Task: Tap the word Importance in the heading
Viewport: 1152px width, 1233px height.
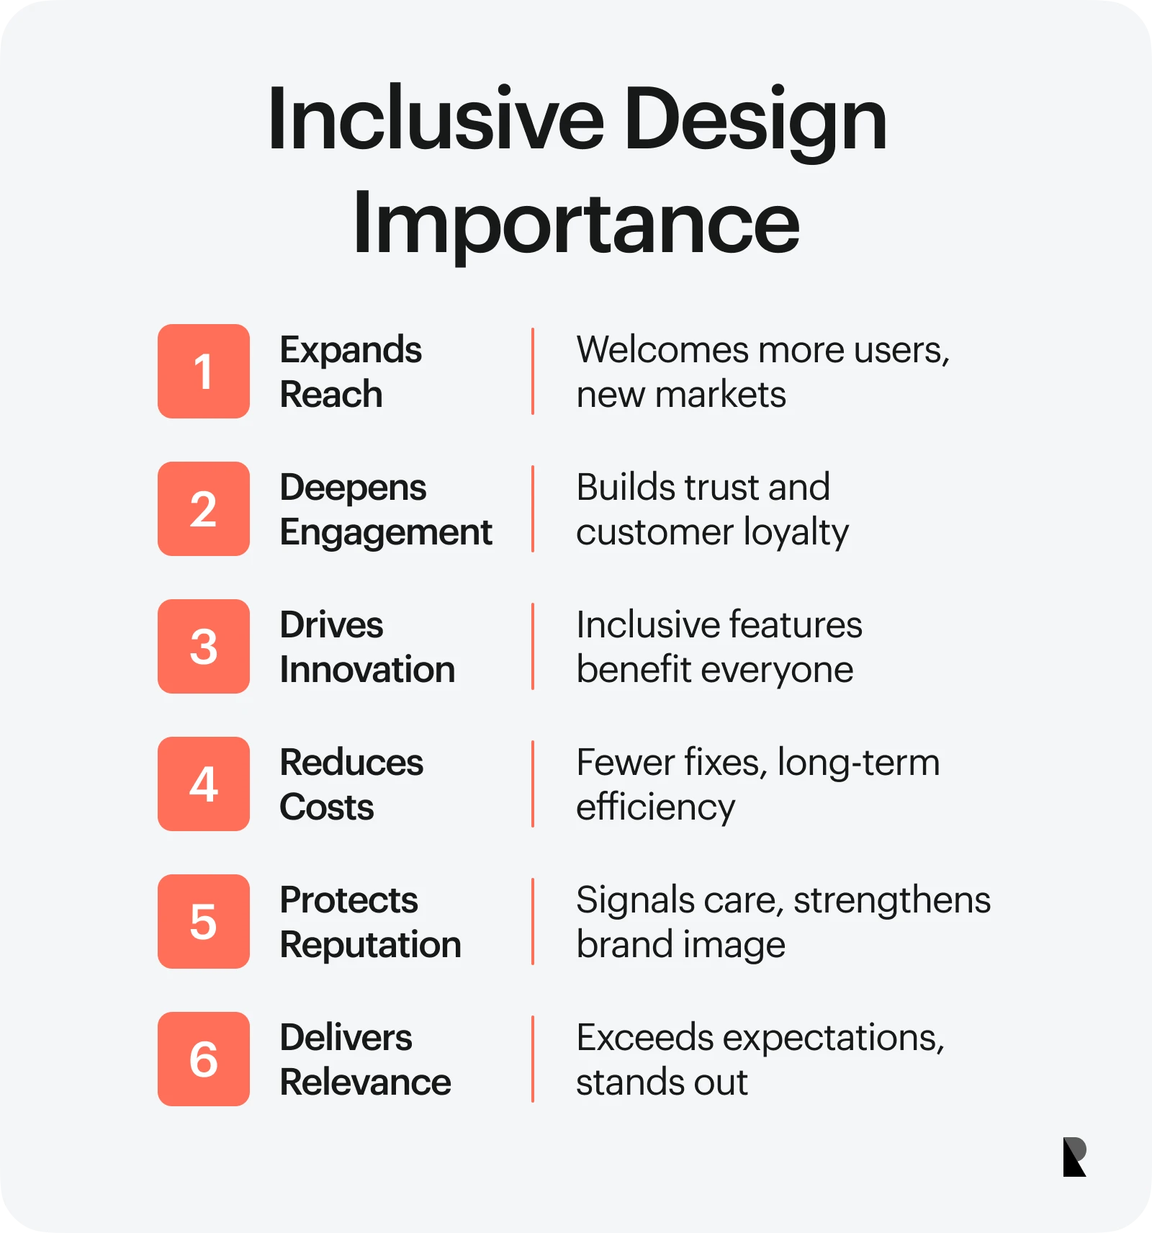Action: point(576,223)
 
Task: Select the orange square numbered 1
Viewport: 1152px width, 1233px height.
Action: point(204,371)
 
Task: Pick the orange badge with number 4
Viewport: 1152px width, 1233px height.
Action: point(204,784)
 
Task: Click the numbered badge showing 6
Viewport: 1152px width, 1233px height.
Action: point(204,1059)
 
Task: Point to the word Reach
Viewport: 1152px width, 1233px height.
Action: point(331,395)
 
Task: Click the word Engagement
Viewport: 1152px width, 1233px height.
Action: point(386,534)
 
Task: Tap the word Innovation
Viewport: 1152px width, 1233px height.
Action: point(367,670)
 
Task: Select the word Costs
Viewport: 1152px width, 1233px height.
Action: point(327,807)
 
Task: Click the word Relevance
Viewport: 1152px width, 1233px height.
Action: point(366,1082)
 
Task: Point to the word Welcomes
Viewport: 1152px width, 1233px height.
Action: point(663,350)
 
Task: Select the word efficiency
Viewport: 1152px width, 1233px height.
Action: point(656,808)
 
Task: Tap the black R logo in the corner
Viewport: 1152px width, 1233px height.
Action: point(1074,1157)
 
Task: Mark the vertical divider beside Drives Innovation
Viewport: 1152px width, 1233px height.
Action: point(533,646)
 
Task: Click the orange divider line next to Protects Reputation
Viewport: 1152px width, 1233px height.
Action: point(533,921)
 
